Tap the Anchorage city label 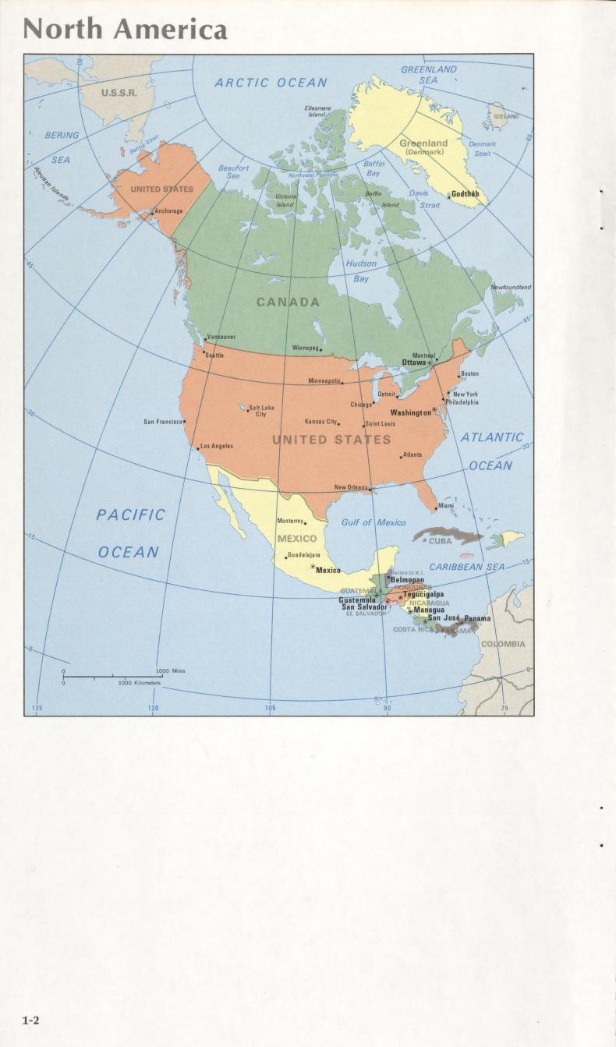[168, 211]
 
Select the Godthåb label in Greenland [466, 193]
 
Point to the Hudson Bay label [360, 271]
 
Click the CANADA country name [289, 302]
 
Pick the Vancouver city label [221, 337]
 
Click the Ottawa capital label [414, 362]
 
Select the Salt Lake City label [261, 410]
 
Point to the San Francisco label [163, 422]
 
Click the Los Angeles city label [217, 446]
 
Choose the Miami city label [446, 505]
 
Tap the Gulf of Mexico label [373, 522]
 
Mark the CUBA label [441, 540]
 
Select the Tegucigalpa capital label [423, 594]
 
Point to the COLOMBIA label [503, 644]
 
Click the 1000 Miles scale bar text [170, 670]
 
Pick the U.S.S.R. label [119, 92]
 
